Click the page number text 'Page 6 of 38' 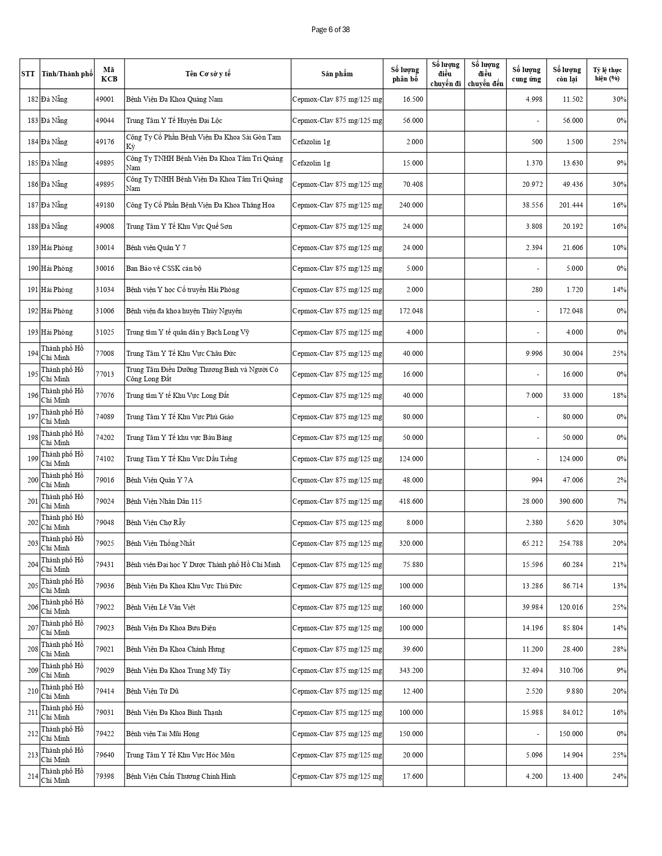pos(330,30)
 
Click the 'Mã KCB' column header pos(109,74)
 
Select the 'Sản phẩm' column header pos(336,74)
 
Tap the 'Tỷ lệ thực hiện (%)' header pos(607,74)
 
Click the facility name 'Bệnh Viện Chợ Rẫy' pos(156,522)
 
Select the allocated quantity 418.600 pos(411,501)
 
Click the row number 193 pos(33,332)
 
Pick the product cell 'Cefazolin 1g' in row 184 pos(312,142)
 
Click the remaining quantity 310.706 pos(571,670)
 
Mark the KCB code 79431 pos(104,564)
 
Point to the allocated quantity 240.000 pos(411,205)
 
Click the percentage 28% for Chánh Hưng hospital pos(619,649)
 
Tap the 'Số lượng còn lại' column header pos(566,74)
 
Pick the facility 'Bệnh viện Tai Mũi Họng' pos(163,734)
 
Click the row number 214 pos(33,776)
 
